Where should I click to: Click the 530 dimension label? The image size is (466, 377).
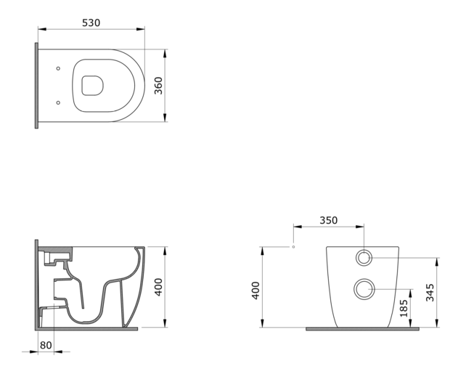click(91, 23)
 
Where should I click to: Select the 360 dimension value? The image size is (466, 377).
click(158, 85)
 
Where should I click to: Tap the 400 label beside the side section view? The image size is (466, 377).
click(159, 287)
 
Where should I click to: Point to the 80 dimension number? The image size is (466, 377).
click(46, 345)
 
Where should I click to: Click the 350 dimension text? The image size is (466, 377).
click(328, 220)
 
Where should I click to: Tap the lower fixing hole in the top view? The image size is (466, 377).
click(57, 102)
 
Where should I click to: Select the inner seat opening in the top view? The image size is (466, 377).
click(92, 86)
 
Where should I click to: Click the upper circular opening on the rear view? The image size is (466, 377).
click(363, 257)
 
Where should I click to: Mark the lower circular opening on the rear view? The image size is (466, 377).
click(363, 289)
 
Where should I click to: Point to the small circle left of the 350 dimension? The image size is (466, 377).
click(293, 247)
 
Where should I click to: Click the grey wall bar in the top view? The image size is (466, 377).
click(36, 85)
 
